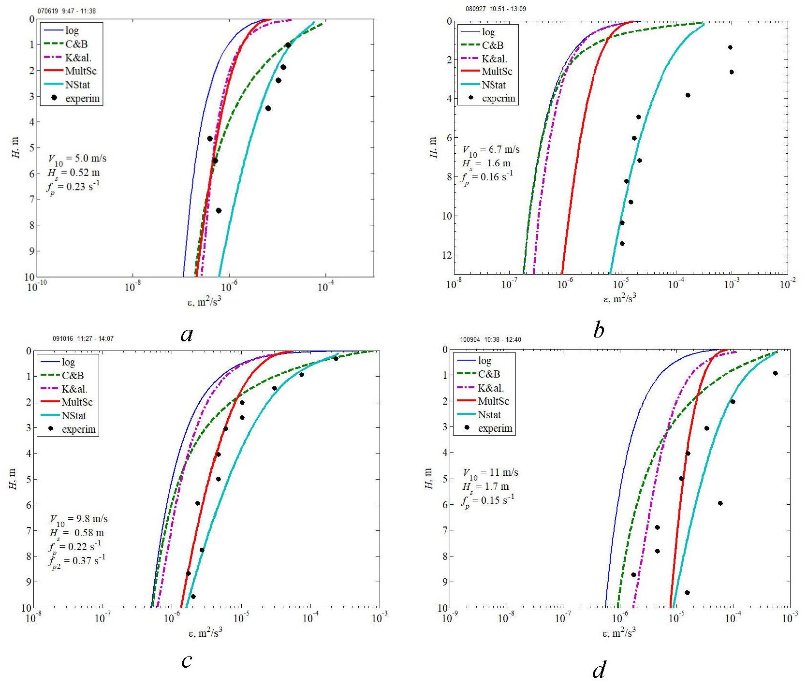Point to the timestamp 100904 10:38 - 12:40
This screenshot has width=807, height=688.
[490, 339]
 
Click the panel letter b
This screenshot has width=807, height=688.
[598, 330]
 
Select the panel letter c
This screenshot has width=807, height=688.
[187, 659]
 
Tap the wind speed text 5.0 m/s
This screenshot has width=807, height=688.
[77, 159]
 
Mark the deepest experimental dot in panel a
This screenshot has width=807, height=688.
[219, 211]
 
